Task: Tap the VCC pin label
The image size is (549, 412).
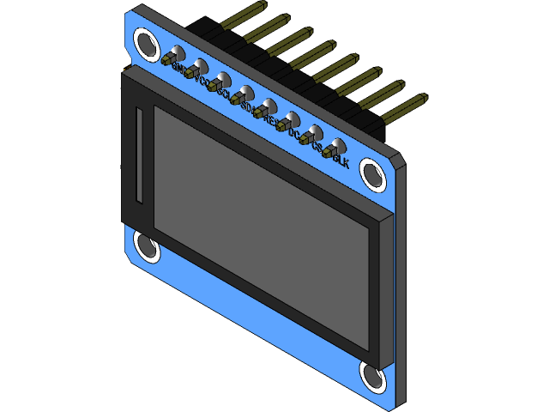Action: coord(203,80)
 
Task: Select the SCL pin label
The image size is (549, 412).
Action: coord(225,93)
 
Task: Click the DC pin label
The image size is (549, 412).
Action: coord(295,134)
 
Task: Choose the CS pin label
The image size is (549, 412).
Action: coord(317,148)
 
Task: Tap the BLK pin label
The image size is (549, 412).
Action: coord(341,161)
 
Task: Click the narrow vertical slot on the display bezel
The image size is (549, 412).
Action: coord(138,155)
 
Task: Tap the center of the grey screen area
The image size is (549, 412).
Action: coord(262,227)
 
